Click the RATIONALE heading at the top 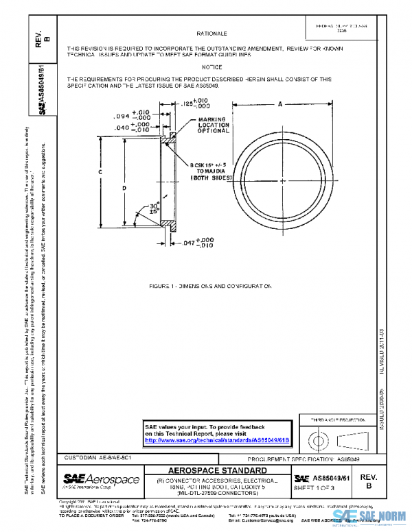[x=211, y=33]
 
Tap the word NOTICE [x=211, y=67]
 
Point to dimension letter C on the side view [x=100, y=171]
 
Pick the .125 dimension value [x=190, y=105]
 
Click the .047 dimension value [x=189, y=243]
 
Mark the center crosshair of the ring [x=282, y=180]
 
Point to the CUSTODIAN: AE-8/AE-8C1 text [x=93, y=457]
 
